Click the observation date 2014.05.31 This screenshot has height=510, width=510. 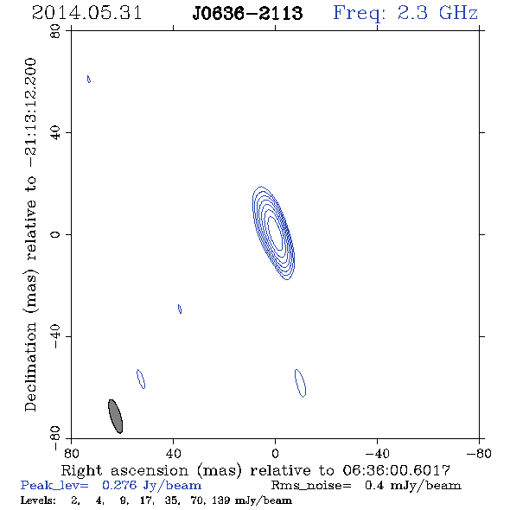[x=86, y=13]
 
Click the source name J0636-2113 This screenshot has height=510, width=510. [x=247, y=13]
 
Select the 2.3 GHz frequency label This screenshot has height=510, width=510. [x=437, y=13]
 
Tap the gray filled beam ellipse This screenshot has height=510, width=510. [x=115, y=417]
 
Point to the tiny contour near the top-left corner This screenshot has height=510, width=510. [x=89, y=79]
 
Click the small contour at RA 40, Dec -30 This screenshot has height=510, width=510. [x=180, y=309]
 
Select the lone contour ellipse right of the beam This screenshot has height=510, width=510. [x=141, y=379]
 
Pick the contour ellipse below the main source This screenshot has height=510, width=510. [x=300, y=383]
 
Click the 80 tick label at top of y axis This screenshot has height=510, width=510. [x=55, y=31]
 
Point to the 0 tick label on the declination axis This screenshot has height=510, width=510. [x=55, y=234]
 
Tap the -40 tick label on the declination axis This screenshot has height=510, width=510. [x=55, y=336]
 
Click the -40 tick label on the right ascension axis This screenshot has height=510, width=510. [x=377, y=454]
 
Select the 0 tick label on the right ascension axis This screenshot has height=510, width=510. [x=275, y=454]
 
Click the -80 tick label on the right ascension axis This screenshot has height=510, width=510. [x=479, y=454]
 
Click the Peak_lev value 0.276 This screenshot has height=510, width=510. [x=119, y=485]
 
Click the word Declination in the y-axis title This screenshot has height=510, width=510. [x=30, y=367]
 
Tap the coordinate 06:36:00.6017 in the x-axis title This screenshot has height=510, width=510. [x=396, y=470]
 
